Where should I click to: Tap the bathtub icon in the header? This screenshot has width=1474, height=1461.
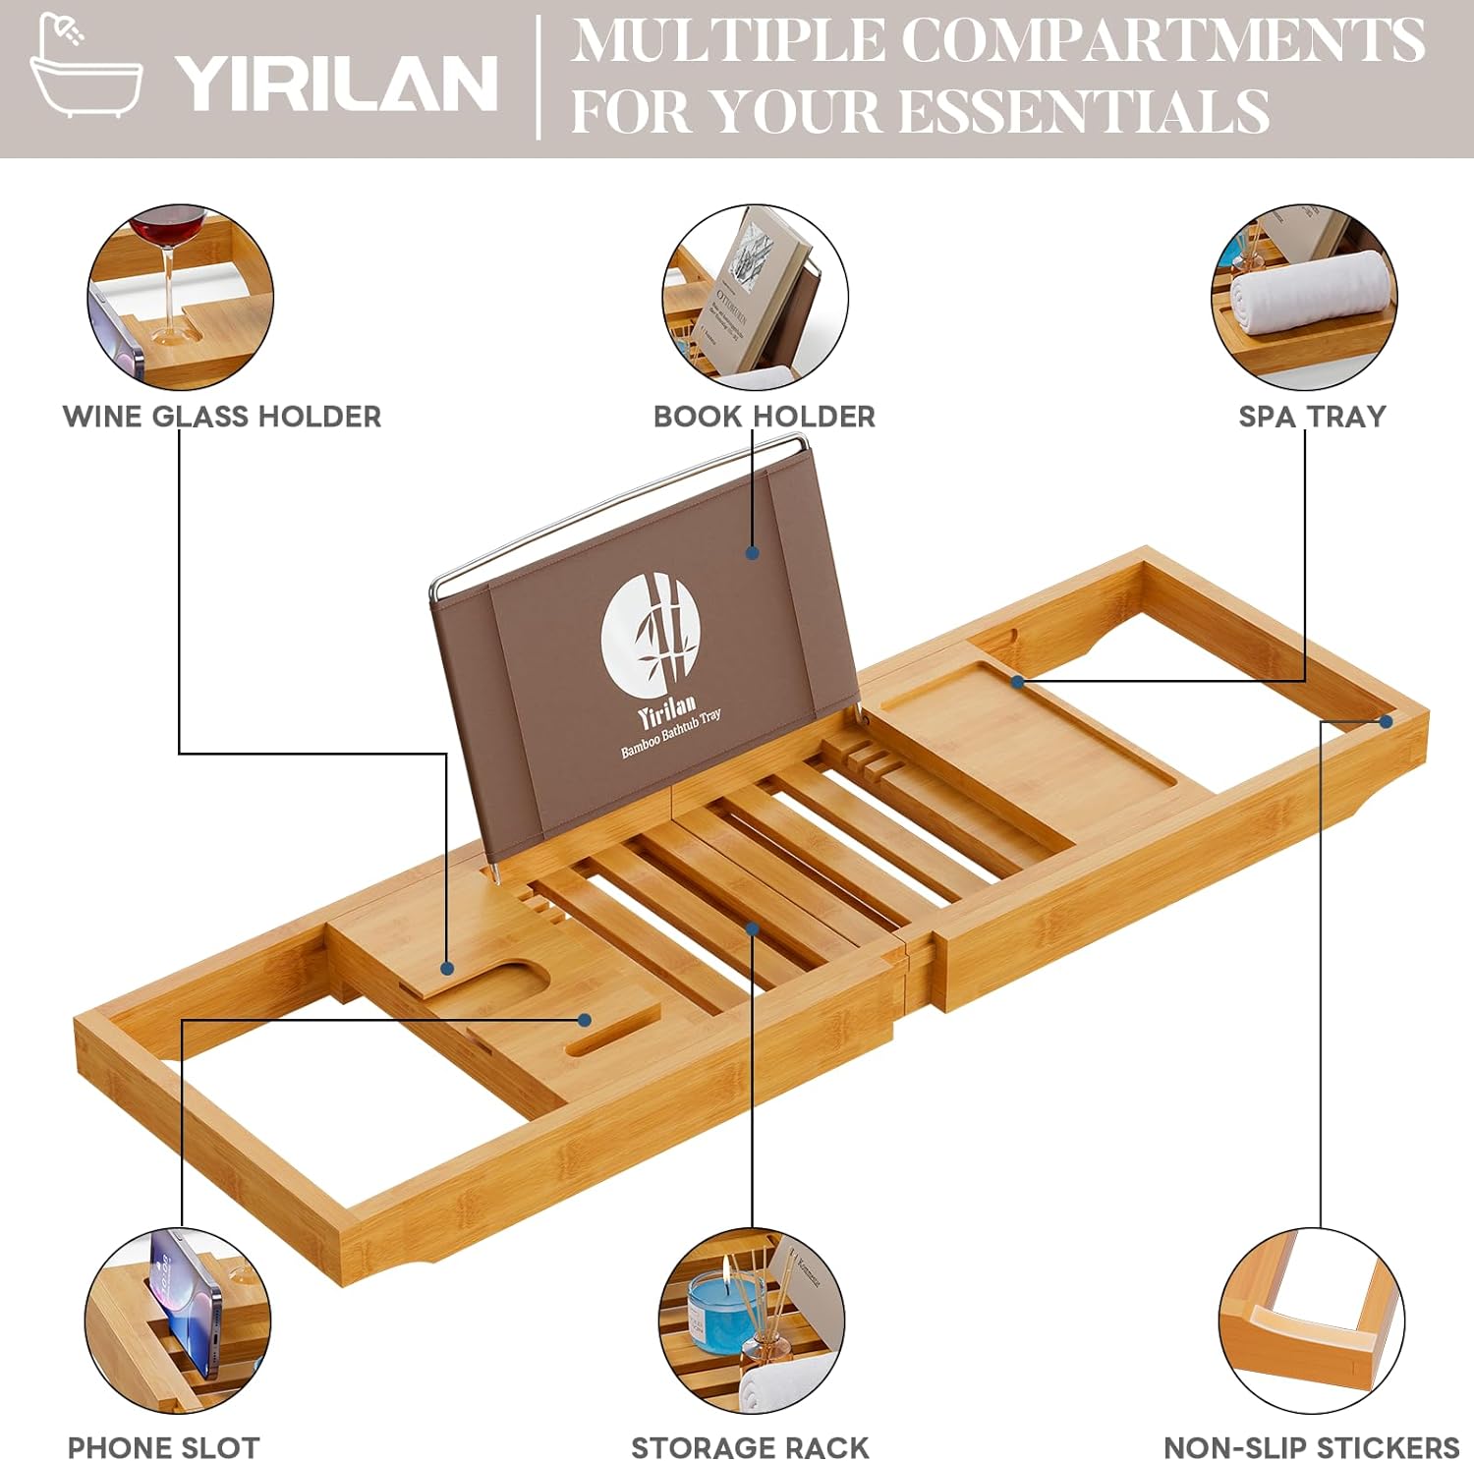[85, 69]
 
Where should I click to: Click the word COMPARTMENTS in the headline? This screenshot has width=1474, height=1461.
[1162, 41]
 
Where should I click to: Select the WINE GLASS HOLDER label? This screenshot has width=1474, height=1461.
[222, 417]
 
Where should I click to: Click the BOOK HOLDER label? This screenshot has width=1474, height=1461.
[764, 417]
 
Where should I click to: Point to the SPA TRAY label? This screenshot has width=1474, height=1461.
[1311, 417]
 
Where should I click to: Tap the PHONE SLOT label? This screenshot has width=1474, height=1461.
[163, 1447]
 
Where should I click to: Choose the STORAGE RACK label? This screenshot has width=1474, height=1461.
[750, 1447]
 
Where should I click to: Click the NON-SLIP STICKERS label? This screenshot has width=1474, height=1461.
[1311, 1447]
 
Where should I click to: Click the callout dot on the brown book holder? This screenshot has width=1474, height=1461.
[752, 553]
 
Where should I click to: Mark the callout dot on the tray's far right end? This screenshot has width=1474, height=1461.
[1386, 721]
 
